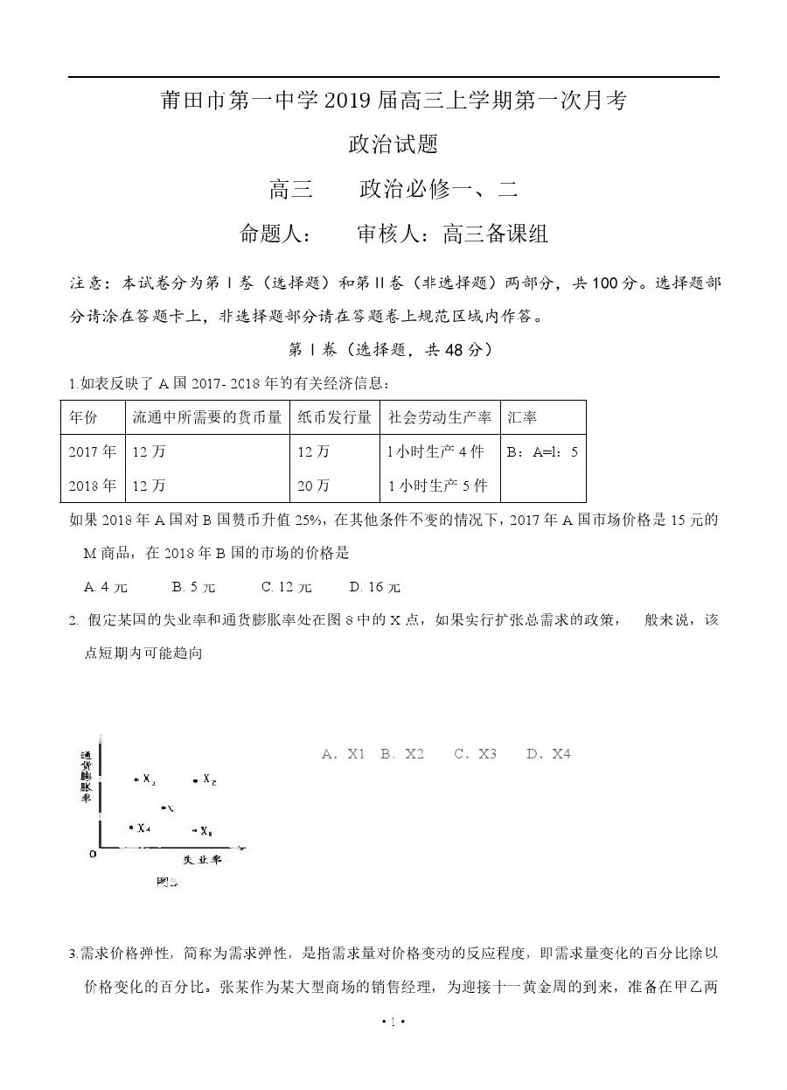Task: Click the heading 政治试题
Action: pyautogui.click(x=393, y=143)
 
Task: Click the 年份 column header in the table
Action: pyautogui.click(x=83, y=417)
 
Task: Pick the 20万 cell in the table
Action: pyautogui.click(x=313, y=485)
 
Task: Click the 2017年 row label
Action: pyautogui.click(x=92, y=451)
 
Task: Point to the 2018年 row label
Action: pyautogui.click(x=92, y=485)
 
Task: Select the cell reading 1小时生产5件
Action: pyautogui.click(x=437, y=485)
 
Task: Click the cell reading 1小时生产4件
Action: pyautogui.click(x=435, y=451)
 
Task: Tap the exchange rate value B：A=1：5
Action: pyautogui.click(x=542, y=452)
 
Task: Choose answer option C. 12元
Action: pyautogui.click(x=286, y=587)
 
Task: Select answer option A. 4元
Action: pyautogui.click(x=105, y=587)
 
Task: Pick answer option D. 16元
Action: pyautogui.click(x=374, y=587)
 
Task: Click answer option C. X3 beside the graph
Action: pyautogui.click(x=475, y=753)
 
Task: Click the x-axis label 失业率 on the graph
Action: pyautogui.click(x=201, y=860)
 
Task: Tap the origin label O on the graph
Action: pyautogui.click(x=92, y=852)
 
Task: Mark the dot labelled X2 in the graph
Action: pyautogui.click(x=195, y=779)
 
